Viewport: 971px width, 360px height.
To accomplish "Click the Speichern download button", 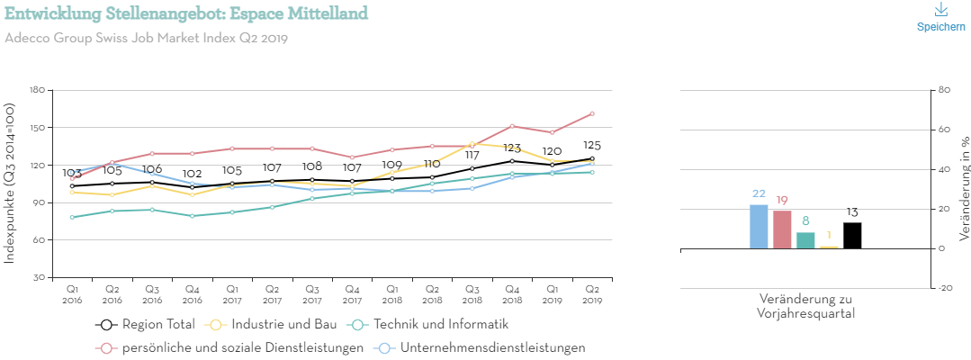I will [x=940, y=17].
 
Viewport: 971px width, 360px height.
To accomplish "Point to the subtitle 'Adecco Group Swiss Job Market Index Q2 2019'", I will [x=146, y=38].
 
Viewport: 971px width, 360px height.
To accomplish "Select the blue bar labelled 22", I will [x=759, y=227].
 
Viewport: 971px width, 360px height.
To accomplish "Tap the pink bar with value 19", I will [x=782, y=229].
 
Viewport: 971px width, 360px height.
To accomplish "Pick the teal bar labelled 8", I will [x=805, y=240].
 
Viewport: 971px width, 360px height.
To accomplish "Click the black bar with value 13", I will [x=852, y=236].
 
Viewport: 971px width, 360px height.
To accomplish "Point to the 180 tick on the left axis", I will [x=37, y=90].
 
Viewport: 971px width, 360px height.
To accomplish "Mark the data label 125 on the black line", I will [x=591, y=146].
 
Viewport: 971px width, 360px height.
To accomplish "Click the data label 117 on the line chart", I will [x=472, y=156].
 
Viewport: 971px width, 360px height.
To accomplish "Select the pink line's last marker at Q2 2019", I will [x=591, y=113].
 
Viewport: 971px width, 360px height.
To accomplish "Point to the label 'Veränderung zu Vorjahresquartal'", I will [x=805, y=306].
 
